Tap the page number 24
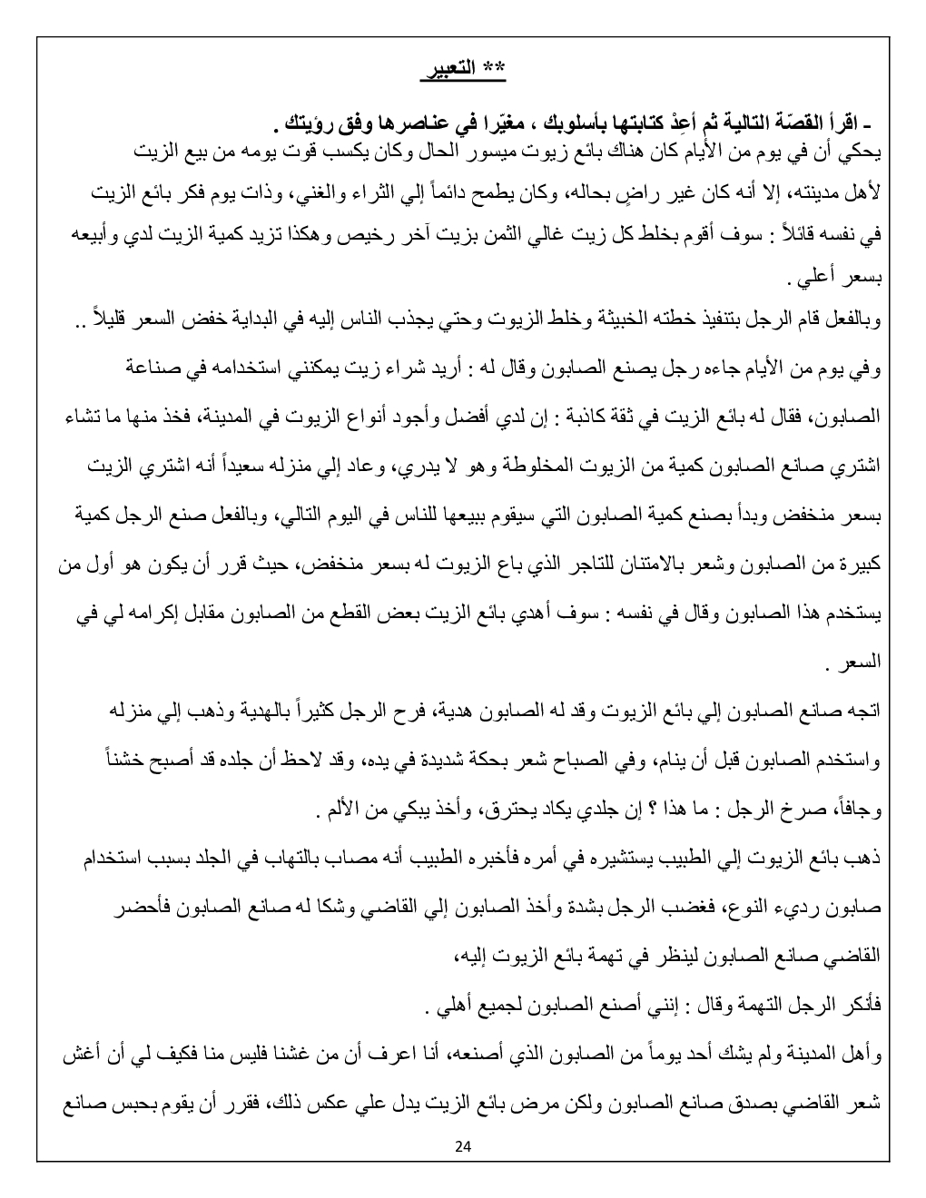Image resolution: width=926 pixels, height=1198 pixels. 463,1145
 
